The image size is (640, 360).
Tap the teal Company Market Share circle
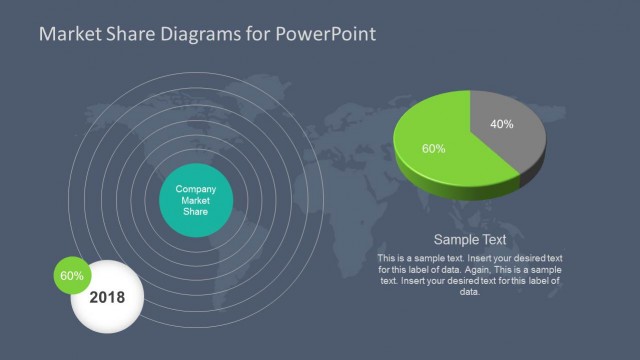click(x=197, y=201)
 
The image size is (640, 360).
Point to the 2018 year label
click(x=107, y=298)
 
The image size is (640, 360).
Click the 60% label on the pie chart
click(x=433, y=148)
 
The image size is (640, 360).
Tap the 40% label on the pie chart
click(x=502, y=125)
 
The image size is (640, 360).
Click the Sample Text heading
click(x=470, y=240)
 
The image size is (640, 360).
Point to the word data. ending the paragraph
click(x=469, y=292)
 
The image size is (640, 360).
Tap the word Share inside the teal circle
click(x=197, y=212)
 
